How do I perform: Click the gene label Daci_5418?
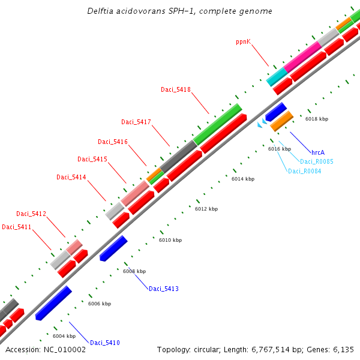175,89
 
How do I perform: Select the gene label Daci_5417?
136,122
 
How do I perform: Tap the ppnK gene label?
243,42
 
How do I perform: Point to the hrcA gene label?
318,152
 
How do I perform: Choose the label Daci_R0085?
317,161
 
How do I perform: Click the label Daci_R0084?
304,171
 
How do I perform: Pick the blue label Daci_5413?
164,289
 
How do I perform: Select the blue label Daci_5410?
105,343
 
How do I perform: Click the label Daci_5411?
16,227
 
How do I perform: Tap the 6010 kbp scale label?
170,239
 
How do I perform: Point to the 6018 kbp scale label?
317,119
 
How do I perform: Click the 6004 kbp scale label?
63,336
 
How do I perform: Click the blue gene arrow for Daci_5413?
113,248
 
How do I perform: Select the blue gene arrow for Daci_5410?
53,303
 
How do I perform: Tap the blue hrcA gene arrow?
276,111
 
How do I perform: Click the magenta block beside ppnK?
303,57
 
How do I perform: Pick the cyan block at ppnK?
277,76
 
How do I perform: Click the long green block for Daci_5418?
217,124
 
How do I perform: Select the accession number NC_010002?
46,349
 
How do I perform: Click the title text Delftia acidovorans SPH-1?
179,11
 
